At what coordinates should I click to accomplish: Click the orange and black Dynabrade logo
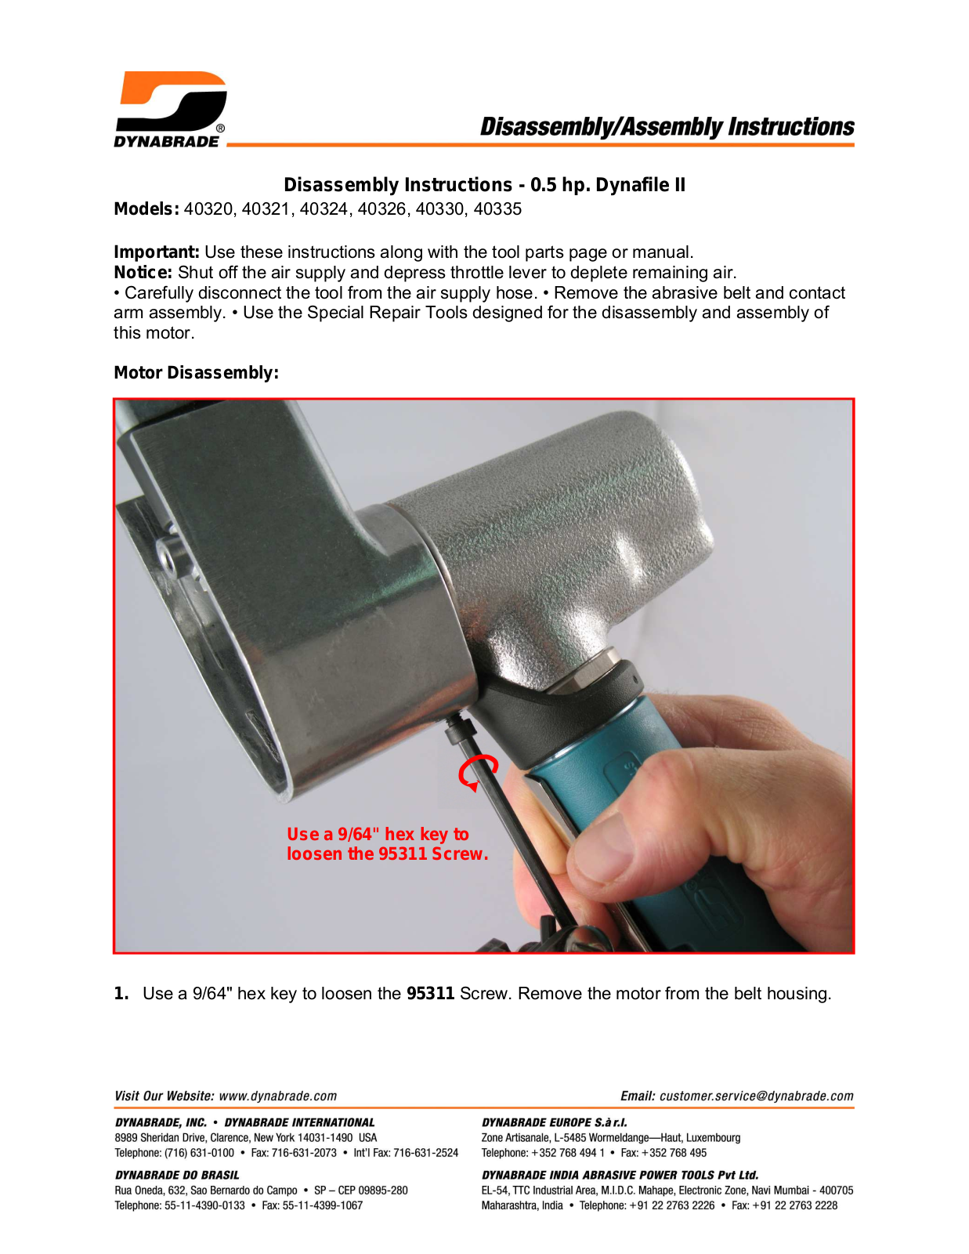pos(170,109)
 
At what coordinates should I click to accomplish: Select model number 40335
pos(497,209)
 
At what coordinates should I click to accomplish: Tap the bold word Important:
pos(157,252)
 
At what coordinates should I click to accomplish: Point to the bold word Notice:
pos(143,273)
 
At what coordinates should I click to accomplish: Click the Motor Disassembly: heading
pos(196,373)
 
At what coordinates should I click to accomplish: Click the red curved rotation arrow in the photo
pos(478,772)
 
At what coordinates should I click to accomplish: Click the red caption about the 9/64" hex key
pos(387,843)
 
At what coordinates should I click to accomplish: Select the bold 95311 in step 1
pos(430,993)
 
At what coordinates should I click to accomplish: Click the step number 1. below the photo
pos(121,993)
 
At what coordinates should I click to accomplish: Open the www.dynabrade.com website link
pos(277,1096)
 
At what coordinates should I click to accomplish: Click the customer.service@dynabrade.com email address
pos(756,1096)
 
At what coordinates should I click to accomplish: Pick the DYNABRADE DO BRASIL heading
pos(177,1175)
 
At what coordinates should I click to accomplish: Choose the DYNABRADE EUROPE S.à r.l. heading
pos(555,1122)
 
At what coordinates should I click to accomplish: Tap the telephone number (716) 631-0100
pos(199,1153)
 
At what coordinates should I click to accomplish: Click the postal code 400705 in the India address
pos(837,1191)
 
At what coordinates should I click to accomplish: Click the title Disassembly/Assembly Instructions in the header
pos(667,127)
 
